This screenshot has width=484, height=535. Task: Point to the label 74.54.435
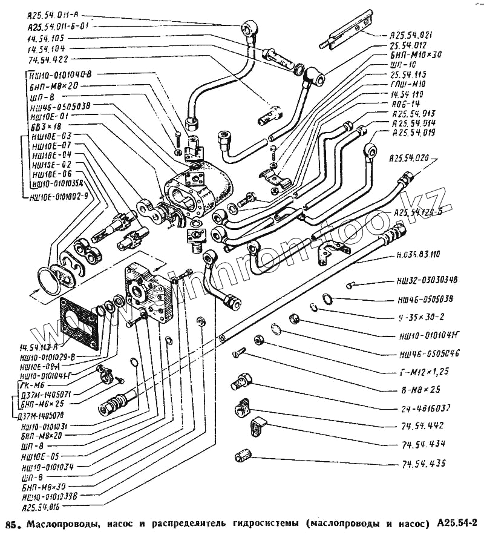click(x=422, y=465)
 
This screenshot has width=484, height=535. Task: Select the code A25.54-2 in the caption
click(x=458, y=523)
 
